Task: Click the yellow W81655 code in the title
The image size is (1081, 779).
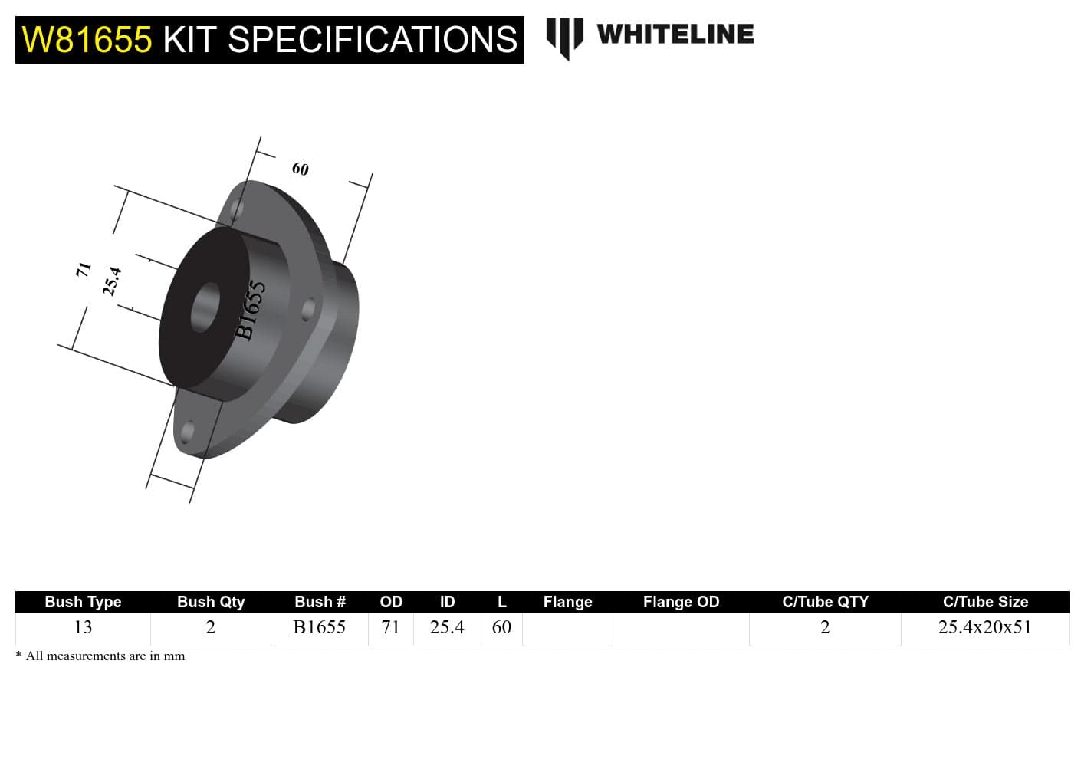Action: point(87,40)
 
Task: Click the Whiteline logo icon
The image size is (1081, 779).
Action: point(564,37)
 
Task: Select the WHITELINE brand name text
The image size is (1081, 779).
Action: point(675,35)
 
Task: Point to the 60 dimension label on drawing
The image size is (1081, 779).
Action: point(300,169)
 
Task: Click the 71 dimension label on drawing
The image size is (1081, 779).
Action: point(84,269)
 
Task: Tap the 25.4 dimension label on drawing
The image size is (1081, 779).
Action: point(112,281)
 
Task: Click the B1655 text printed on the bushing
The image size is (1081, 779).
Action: point(250,310)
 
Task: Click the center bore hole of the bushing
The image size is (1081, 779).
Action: point(205,307)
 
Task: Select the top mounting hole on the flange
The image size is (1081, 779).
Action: point(238,209)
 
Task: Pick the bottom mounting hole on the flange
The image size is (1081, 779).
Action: point(187,432)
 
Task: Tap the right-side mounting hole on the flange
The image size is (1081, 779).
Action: point(308,309)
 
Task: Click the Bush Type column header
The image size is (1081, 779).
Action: point(83,602)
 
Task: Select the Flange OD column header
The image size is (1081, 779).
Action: point(681,602)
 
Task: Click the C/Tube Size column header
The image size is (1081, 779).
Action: point(985,602)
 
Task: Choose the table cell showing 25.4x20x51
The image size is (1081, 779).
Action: point(985,628)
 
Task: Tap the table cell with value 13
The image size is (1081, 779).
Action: point(83,628)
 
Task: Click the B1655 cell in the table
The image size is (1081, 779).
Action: point(319,628)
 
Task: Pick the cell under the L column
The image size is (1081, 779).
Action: point(501,628)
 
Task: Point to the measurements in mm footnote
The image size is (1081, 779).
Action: point(100,656)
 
